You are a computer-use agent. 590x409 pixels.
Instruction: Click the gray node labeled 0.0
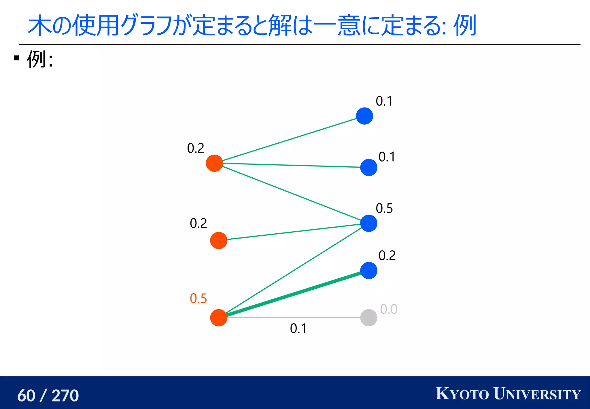[x=368, y=318]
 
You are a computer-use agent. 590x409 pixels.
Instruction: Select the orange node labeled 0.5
[x=219, y=318]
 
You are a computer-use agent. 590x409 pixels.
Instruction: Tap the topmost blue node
[x=364, y=116]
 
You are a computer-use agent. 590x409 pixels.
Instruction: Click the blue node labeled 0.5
[x=368, y=223]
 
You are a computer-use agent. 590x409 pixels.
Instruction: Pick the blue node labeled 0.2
[x=368, y=271]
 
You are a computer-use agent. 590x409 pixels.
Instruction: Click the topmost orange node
[x=214, y=163]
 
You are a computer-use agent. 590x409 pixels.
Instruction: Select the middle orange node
[x=219, y=240]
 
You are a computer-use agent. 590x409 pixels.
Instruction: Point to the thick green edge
[x=294, y=294]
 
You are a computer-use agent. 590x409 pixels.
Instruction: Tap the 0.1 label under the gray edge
[x=298, y=329]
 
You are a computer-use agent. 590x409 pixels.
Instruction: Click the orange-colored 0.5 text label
[x=198, y=299]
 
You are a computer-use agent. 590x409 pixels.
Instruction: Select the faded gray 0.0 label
[x=389, y=309]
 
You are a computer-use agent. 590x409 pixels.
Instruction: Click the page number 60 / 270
[x=48, y=395]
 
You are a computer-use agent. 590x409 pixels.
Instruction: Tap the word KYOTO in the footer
[x=462, y=394]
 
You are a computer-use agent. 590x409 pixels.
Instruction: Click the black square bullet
[x=16, y=58]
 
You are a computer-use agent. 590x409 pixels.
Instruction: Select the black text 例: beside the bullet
[x=40, y=59]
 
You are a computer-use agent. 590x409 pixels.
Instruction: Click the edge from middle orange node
[x=294, y=232]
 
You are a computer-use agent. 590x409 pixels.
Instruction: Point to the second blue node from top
[x=368, y=167]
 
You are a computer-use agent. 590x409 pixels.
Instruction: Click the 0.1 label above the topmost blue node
[x=384, y=101]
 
